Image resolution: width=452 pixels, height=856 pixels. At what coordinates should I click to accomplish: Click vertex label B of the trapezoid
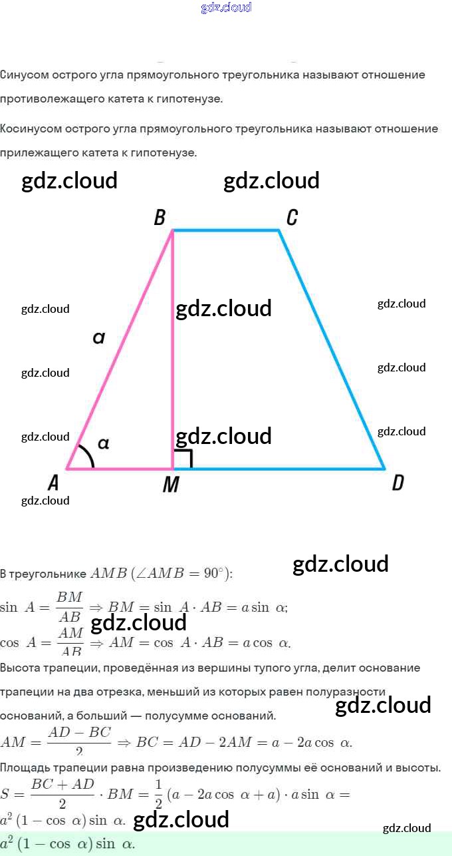point(160,218)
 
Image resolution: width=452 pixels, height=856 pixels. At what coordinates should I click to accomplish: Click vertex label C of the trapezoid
point(292,218)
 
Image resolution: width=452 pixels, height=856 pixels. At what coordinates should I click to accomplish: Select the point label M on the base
point(171,485)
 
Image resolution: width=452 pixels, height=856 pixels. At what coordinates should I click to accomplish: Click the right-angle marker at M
point(183,459)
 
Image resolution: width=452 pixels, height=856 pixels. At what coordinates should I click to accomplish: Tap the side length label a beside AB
point(99,338)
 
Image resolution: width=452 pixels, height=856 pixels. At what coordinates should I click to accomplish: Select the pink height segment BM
point(173,373)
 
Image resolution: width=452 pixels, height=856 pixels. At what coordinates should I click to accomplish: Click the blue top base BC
point(226,230)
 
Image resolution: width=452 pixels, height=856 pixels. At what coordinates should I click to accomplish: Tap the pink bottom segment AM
point(120,469)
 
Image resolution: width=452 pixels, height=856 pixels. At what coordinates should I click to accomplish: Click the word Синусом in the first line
point(25,75)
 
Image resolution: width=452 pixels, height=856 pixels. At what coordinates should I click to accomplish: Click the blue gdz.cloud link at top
point(226,8)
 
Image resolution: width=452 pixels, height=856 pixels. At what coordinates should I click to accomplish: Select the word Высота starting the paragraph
point(21,668)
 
